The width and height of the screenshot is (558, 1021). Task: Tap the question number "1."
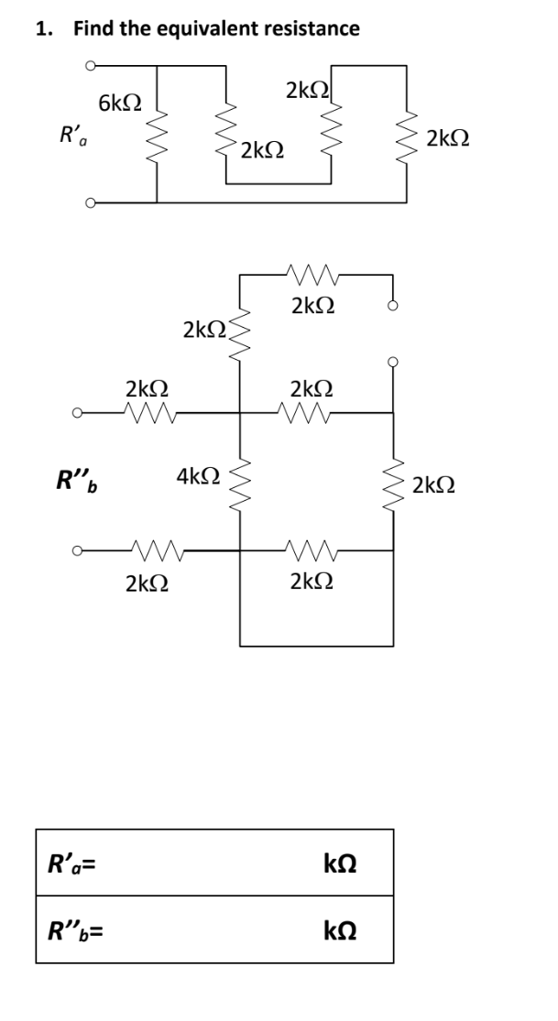pos(44,28)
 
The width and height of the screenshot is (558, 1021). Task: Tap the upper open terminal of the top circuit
pos(90,66)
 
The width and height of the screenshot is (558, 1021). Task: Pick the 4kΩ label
pos(197,475)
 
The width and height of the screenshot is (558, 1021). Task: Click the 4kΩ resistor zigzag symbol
pos(240,481)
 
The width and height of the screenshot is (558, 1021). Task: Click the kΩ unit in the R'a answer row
pos(341,863)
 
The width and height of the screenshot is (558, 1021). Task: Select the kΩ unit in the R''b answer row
pos(341,932)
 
